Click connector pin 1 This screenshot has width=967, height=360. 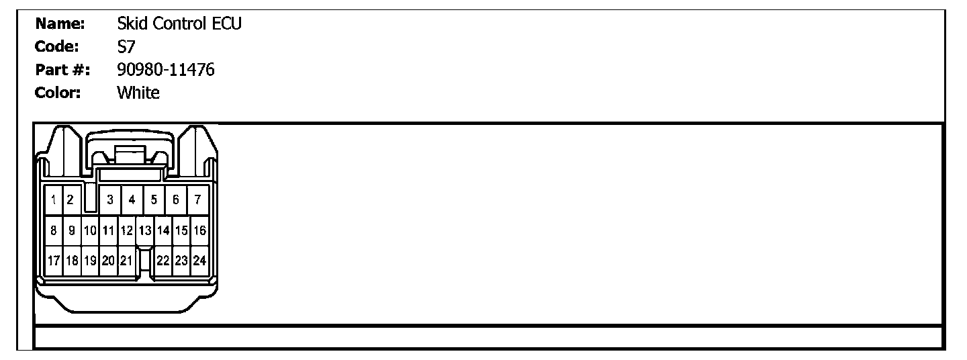(x=52, y=199)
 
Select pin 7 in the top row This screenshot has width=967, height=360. (x=197, y=199)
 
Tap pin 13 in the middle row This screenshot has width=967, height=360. (x=144, y=230)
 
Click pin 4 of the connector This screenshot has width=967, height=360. (x=132, y=199)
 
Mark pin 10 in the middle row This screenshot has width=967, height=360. (x=90, y=230)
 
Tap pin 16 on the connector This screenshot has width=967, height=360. (x=199, y=230)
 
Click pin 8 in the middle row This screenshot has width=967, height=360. (x=53, y=230)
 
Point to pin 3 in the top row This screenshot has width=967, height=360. (x=109, y=199)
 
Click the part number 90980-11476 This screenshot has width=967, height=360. (x=165, y=69)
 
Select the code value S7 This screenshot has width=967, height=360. (x=126, y=47)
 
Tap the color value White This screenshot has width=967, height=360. (x=138, y=92)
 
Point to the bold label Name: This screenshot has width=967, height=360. (x=60, y=24)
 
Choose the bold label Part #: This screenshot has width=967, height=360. (x=62, y=69)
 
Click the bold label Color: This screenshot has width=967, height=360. (x=58, y=92)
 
